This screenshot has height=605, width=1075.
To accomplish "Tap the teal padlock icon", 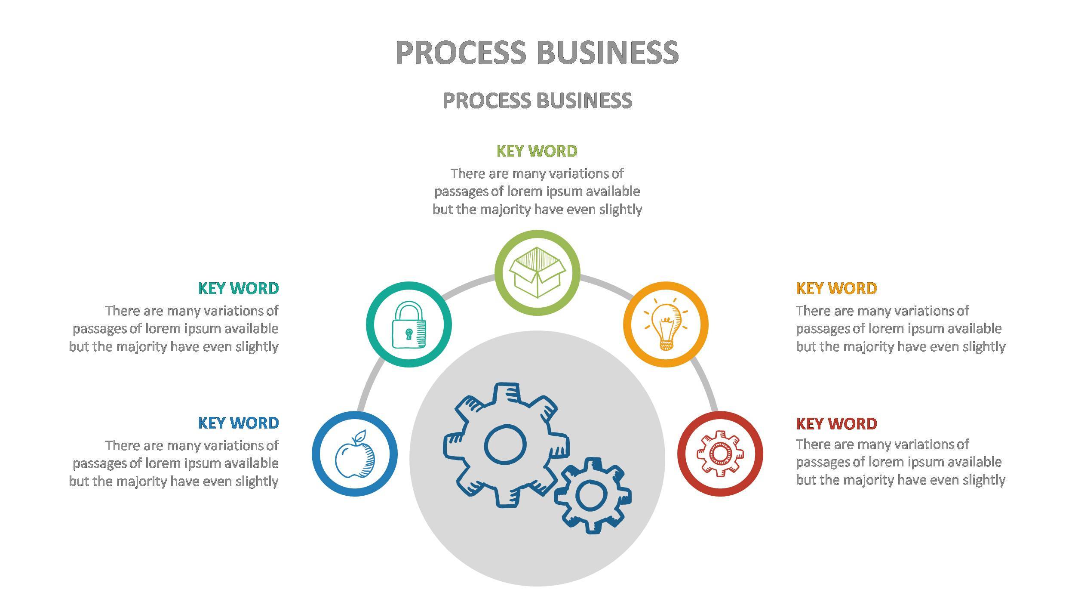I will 408,325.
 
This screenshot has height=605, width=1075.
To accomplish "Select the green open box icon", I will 537,272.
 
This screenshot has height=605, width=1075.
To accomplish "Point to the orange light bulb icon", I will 666,325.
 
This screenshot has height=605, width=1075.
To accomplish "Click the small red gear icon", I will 720,454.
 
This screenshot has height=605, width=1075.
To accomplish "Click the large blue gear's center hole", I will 505,444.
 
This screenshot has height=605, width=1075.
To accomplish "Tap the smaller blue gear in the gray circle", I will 593,495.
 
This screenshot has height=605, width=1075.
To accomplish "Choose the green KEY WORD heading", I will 537,151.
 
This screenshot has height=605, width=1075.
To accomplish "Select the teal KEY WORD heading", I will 238,288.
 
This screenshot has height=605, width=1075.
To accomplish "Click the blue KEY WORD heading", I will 238,423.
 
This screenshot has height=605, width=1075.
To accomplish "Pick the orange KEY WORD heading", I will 836,288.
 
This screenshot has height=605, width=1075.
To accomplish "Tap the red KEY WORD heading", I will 836,424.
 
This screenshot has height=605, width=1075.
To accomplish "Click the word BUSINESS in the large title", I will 607,52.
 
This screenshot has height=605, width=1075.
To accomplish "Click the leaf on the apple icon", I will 360,435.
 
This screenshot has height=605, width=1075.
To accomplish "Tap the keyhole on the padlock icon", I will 408,333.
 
